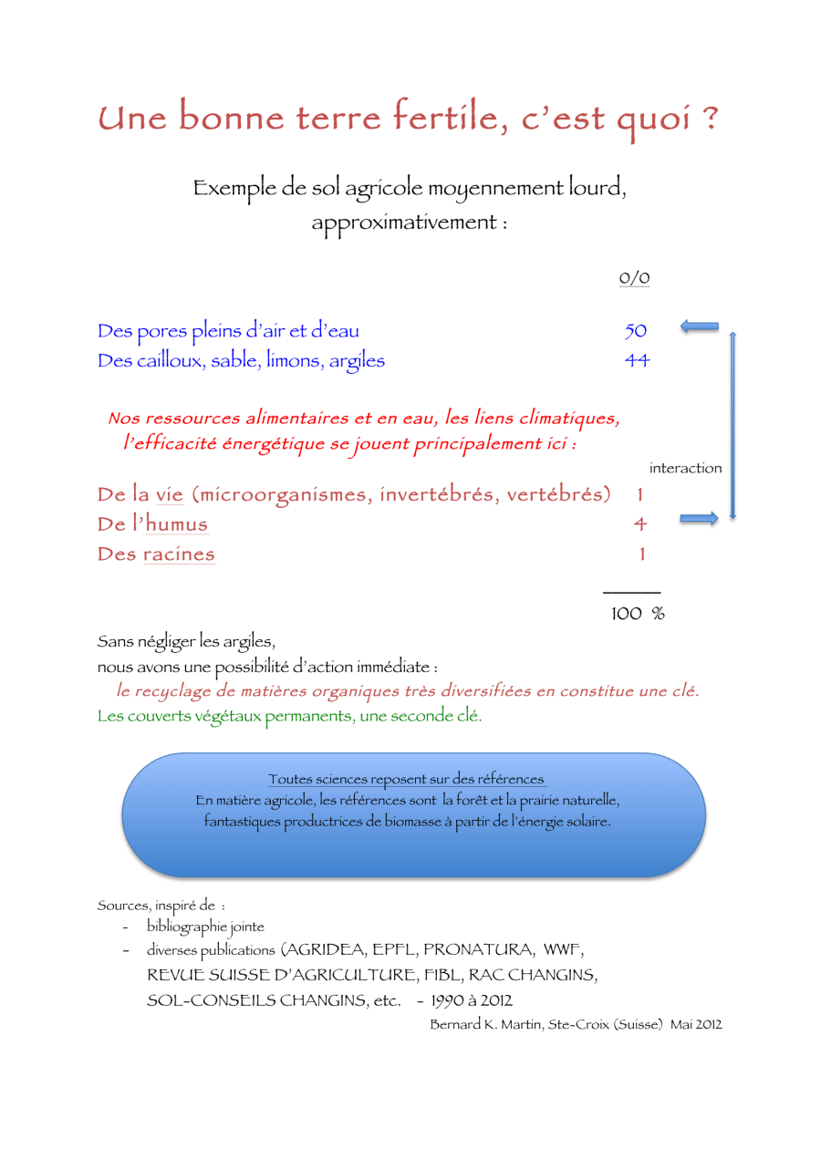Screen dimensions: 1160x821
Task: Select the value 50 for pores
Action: coord(635,330)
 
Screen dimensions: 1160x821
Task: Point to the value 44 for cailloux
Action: coord(636,360)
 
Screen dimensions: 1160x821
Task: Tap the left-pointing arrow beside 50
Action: coord(700,326)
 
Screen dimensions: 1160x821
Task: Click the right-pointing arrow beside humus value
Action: coord(699,519)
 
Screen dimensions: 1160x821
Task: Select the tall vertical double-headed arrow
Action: coord(732,426)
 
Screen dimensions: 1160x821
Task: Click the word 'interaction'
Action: coord(685,469)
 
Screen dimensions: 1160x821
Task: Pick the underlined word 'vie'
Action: coord(170,495)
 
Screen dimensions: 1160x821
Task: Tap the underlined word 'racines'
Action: coord(179,554)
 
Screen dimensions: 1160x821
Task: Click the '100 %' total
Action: coord(637,614)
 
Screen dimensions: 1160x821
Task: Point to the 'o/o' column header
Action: coord(634,278)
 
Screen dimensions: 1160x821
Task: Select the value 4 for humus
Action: coord(640,524)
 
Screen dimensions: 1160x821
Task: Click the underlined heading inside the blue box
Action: coord(407,780)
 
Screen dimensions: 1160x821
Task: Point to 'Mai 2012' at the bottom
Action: coord(696,1024)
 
